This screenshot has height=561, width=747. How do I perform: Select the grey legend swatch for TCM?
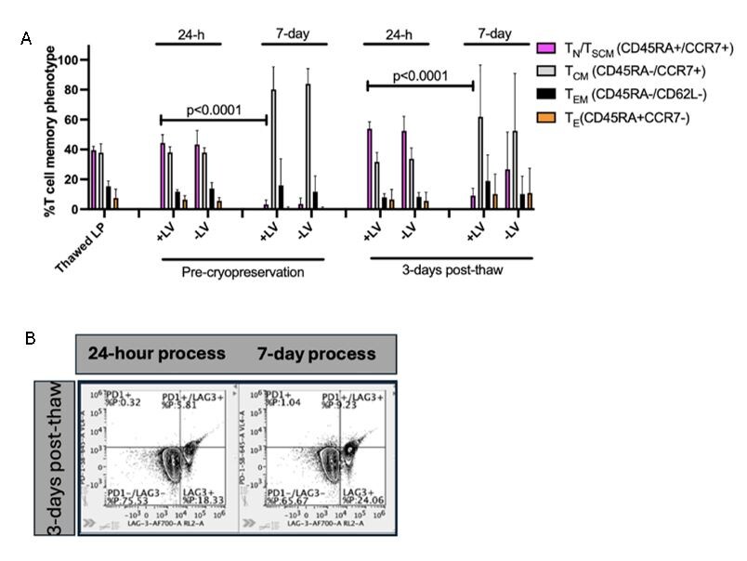pyautogui.click(x=547, y=72)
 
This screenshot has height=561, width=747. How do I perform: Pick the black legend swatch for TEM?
pyautogui.click(x=547, y=97)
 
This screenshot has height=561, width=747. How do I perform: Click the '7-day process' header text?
pyautogui.click(x=317, y=354)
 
